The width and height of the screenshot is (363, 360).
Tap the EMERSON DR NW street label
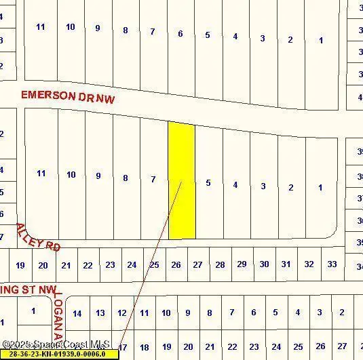pyautogui.click(x=68, y=98)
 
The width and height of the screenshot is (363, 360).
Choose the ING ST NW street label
pyautogui.click(x=27, y=290)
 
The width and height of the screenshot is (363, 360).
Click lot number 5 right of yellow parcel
pyautogui.click(x=208, y=182)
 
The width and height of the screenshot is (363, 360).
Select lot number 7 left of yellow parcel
pyautogui.click(x=153, y=179)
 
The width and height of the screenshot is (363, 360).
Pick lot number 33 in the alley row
pyautogui.click(x=332, y=264)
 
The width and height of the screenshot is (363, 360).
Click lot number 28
pyautogui.click(x=220, y=264)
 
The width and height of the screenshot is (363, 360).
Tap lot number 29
pyautogui.click(x=242, y=264)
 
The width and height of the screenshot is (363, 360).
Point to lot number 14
pyautogui.click(x=77, y=313)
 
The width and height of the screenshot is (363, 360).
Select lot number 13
pyautogui.click(x=100, y=313)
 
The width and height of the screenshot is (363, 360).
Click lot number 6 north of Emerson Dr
pyautogui.click(x=180, y=33)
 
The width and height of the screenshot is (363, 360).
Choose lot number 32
pyautogui.click(x=309, y=264)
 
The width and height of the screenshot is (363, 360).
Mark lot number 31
pyautogui.click(x=286, y=264)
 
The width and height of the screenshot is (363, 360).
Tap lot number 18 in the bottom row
pyautogui.click(x=145, y=347)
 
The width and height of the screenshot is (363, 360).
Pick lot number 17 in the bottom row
pyautogui.click(x=122, y=347)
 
